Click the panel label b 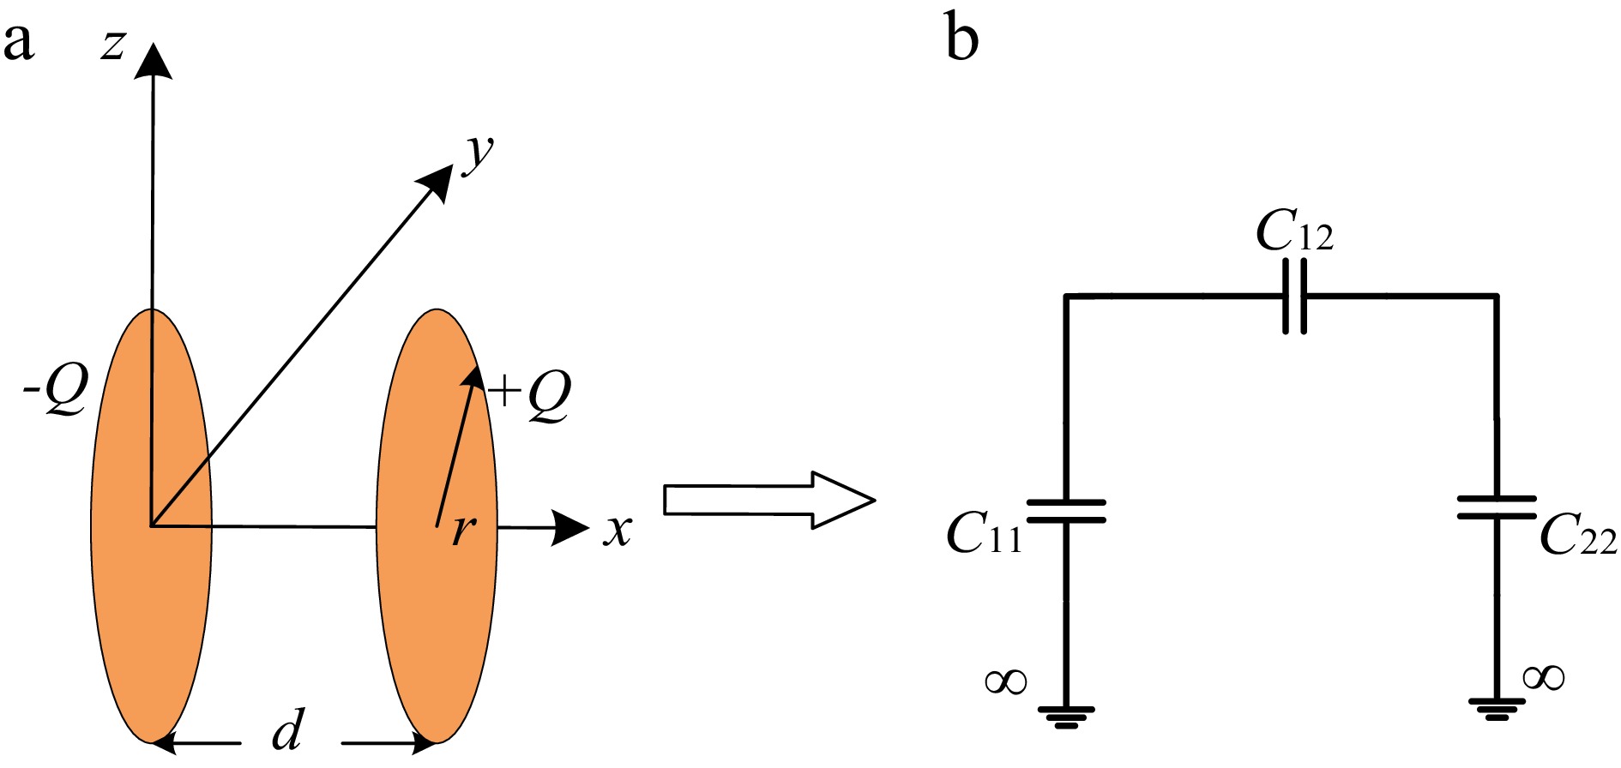click(961, 39)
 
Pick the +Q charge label click(530, 394)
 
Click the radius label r click(463, 530)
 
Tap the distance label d click(288, 732)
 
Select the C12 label click(1293, 231)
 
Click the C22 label click(1577, 537)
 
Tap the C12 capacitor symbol click(1295, 297)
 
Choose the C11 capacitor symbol click(1066, 511)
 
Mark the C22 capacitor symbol click(1497, 507)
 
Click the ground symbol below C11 click(1066, 716)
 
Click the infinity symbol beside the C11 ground click(1006, 681)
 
